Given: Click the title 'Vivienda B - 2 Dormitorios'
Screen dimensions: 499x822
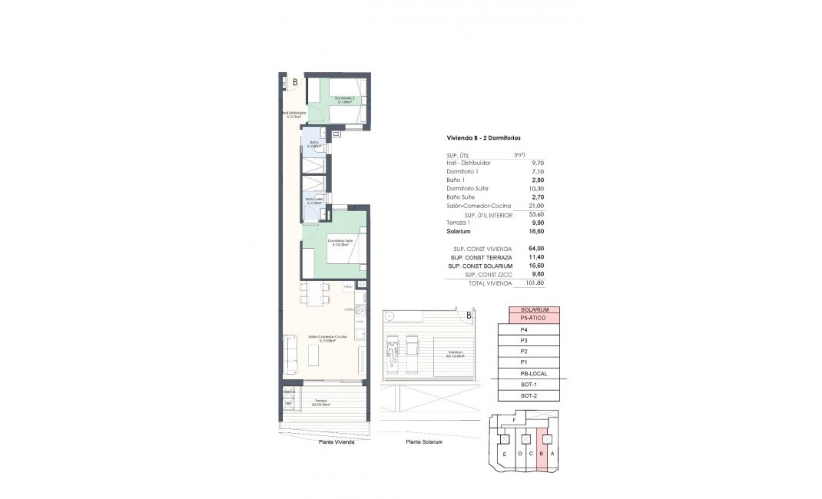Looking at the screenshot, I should [x=483, y=137].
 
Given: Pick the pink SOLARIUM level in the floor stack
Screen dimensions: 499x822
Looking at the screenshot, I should [x=534, y=309].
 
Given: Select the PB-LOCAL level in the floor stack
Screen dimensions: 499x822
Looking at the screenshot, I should [x=534, y=373].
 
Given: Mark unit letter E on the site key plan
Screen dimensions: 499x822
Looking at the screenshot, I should [x=504, y=454].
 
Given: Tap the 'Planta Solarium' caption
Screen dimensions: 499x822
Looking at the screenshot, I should [x=423, y=442].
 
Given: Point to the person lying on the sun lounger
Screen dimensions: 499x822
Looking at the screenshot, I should [x=394, y=350].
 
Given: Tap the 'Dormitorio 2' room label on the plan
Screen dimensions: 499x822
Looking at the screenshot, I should [x=343, y=99].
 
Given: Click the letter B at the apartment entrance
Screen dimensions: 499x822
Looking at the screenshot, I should [x=294, y=82].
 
